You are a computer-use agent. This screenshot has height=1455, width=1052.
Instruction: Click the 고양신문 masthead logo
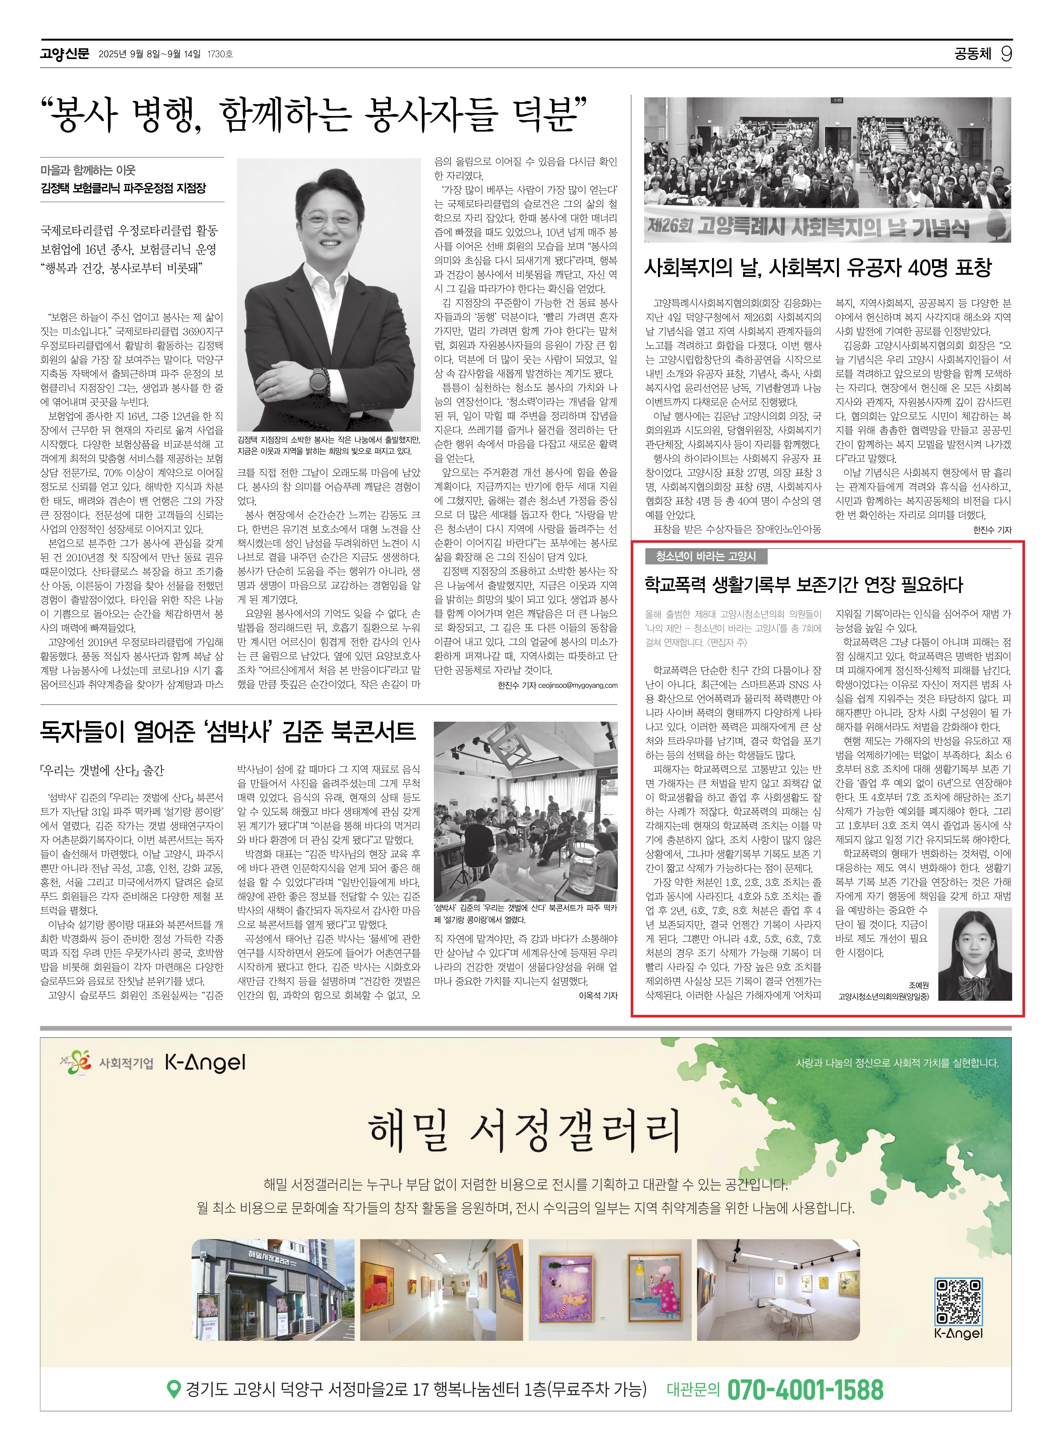64,54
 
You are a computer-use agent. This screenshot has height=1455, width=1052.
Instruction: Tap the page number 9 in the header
1006,54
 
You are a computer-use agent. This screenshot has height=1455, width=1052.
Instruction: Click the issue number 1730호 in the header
220,55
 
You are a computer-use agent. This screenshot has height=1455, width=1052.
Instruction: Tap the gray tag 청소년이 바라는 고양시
706,556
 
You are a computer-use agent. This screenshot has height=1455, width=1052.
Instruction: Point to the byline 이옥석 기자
598,996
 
